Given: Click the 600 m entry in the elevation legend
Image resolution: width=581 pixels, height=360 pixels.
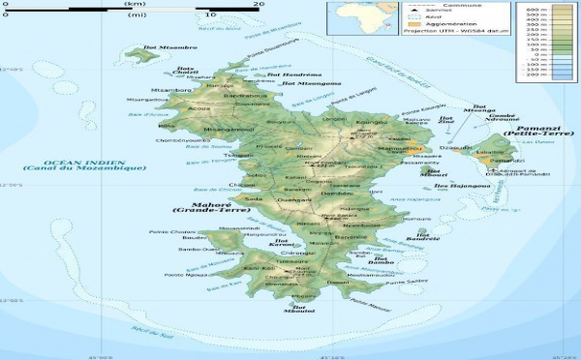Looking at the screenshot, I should tap(559, 8).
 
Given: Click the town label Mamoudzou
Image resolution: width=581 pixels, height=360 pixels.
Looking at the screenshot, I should tap(399, 153).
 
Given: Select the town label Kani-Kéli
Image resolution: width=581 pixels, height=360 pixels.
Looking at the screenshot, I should tap(259, 268).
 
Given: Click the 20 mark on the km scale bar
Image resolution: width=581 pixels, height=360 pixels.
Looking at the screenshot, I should tap(259, 6).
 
